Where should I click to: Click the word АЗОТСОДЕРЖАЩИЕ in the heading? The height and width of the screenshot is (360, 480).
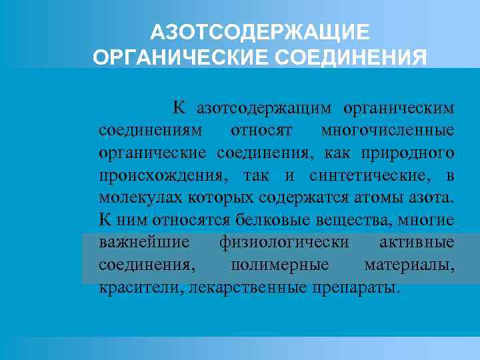259,33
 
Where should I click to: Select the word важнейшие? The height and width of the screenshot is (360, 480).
143,243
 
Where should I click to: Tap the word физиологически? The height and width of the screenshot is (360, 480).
283,243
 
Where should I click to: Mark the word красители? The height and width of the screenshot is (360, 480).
141,288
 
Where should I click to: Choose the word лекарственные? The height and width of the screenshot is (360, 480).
249,288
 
